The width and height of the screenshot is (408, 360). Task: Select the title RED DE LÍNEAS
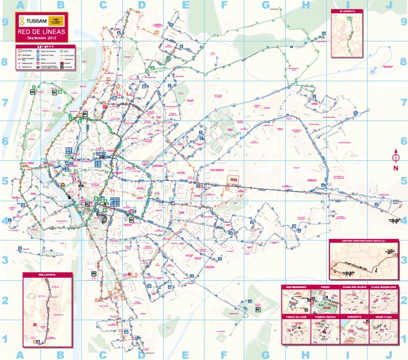41,32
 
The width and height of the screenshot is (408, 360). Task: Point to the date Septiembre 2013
41,38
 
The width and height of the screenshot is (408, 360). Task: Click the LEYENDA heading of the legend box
46,46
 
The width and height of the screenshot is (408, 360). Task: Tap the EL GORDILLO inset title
348,11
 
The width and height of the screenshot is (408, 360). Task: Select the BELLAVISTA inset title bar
47,275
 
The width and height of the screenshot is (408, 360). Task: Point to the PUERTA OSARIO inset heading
326,317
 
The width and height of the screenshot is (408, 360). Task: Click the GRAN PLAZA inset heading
384,317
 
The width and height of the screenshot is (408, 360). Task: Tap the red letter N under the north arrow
396,168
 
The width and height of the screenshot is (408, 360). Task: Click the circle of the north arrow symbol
396,158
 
